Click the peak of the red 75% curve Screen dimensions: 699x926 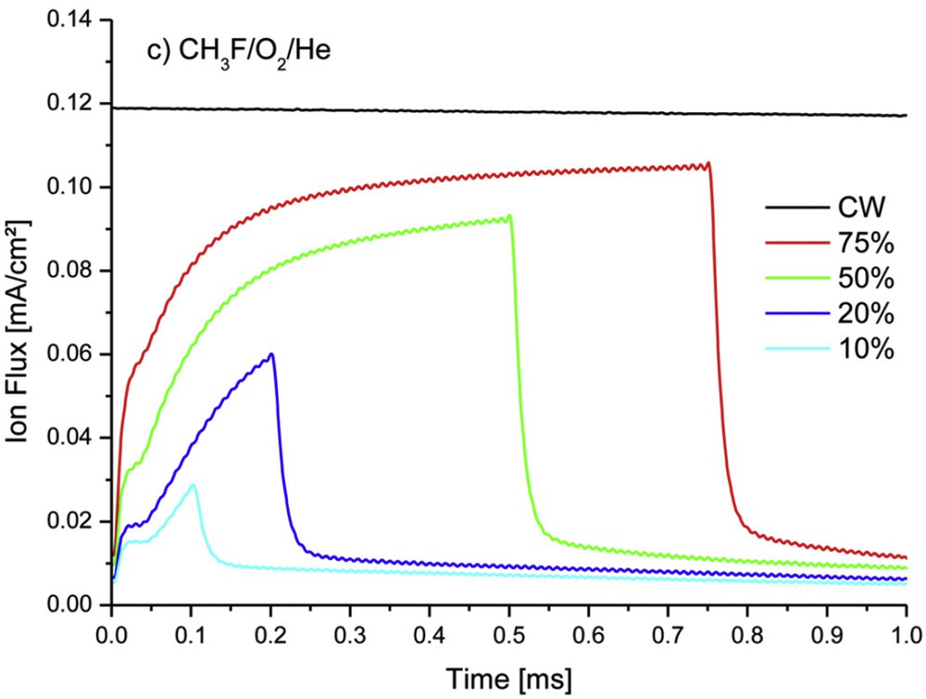(708, 163)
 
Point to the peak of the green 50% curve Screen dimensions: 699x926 (509, 216)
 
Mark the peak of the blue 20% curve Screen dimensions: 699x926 (271, 353)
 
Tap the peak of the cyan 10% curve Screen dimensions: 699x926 (193, 484)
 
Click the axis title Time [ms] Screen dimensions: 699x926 (507, 675)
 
